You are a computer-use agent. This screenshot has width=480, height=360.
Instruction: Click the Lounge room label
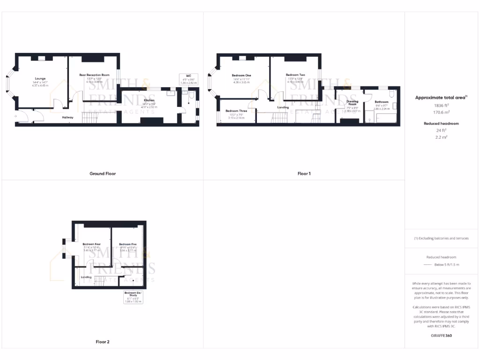coord(40,79)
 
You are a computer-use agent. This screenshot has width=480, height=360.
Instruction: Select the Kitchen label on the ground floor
coord(150,101)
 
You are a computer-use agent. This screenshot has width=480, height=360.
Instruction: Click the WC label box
coord(188,75)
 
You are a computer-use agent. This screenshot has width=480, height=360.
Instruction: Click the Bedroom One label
coord(241,75)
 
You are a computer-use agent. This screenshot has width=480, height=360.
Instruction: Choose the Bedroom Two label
coord(295,75)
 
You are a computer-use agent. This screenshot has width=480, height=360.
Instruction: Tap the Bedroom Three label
coord(237,111)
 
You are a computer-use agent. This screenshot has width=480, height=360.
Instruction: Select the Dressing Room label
coord(352,103)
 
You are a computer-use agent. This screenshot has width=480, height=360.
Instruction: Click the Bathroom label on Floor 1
coord(381,102)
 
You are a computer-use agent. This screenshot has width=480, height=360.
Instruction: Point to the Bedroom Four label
coord(92,244)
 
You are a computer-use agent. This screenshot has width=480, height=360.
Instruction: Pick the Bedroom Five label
coord(127,244)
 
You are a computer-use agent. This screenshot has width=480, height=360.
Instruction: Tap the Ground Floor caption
coord(103,173)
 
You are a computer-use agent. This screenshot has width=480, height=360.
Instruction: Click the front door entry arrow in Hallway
coord(16,116)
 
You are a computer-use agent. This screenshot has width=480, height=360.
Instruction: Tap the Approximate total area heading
coord(441,97)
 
